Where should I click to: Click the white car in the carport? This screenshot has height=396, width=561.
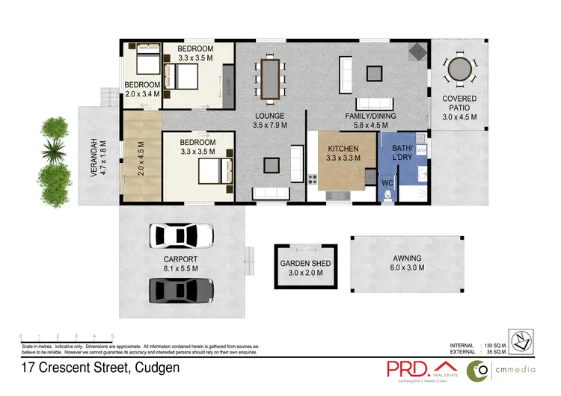181,236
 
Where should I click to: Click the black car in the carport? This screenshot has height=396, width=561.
181,288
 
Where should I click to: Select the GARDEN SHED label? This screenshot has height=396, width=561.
305,268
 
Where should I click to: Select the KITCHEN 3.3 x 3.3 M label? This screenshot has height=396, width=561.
344,153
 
